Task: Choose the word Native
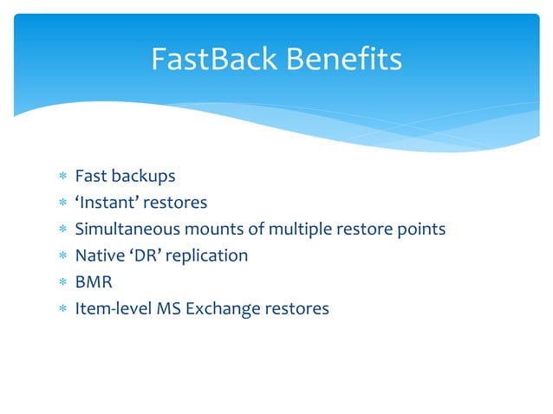point(100,256)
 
